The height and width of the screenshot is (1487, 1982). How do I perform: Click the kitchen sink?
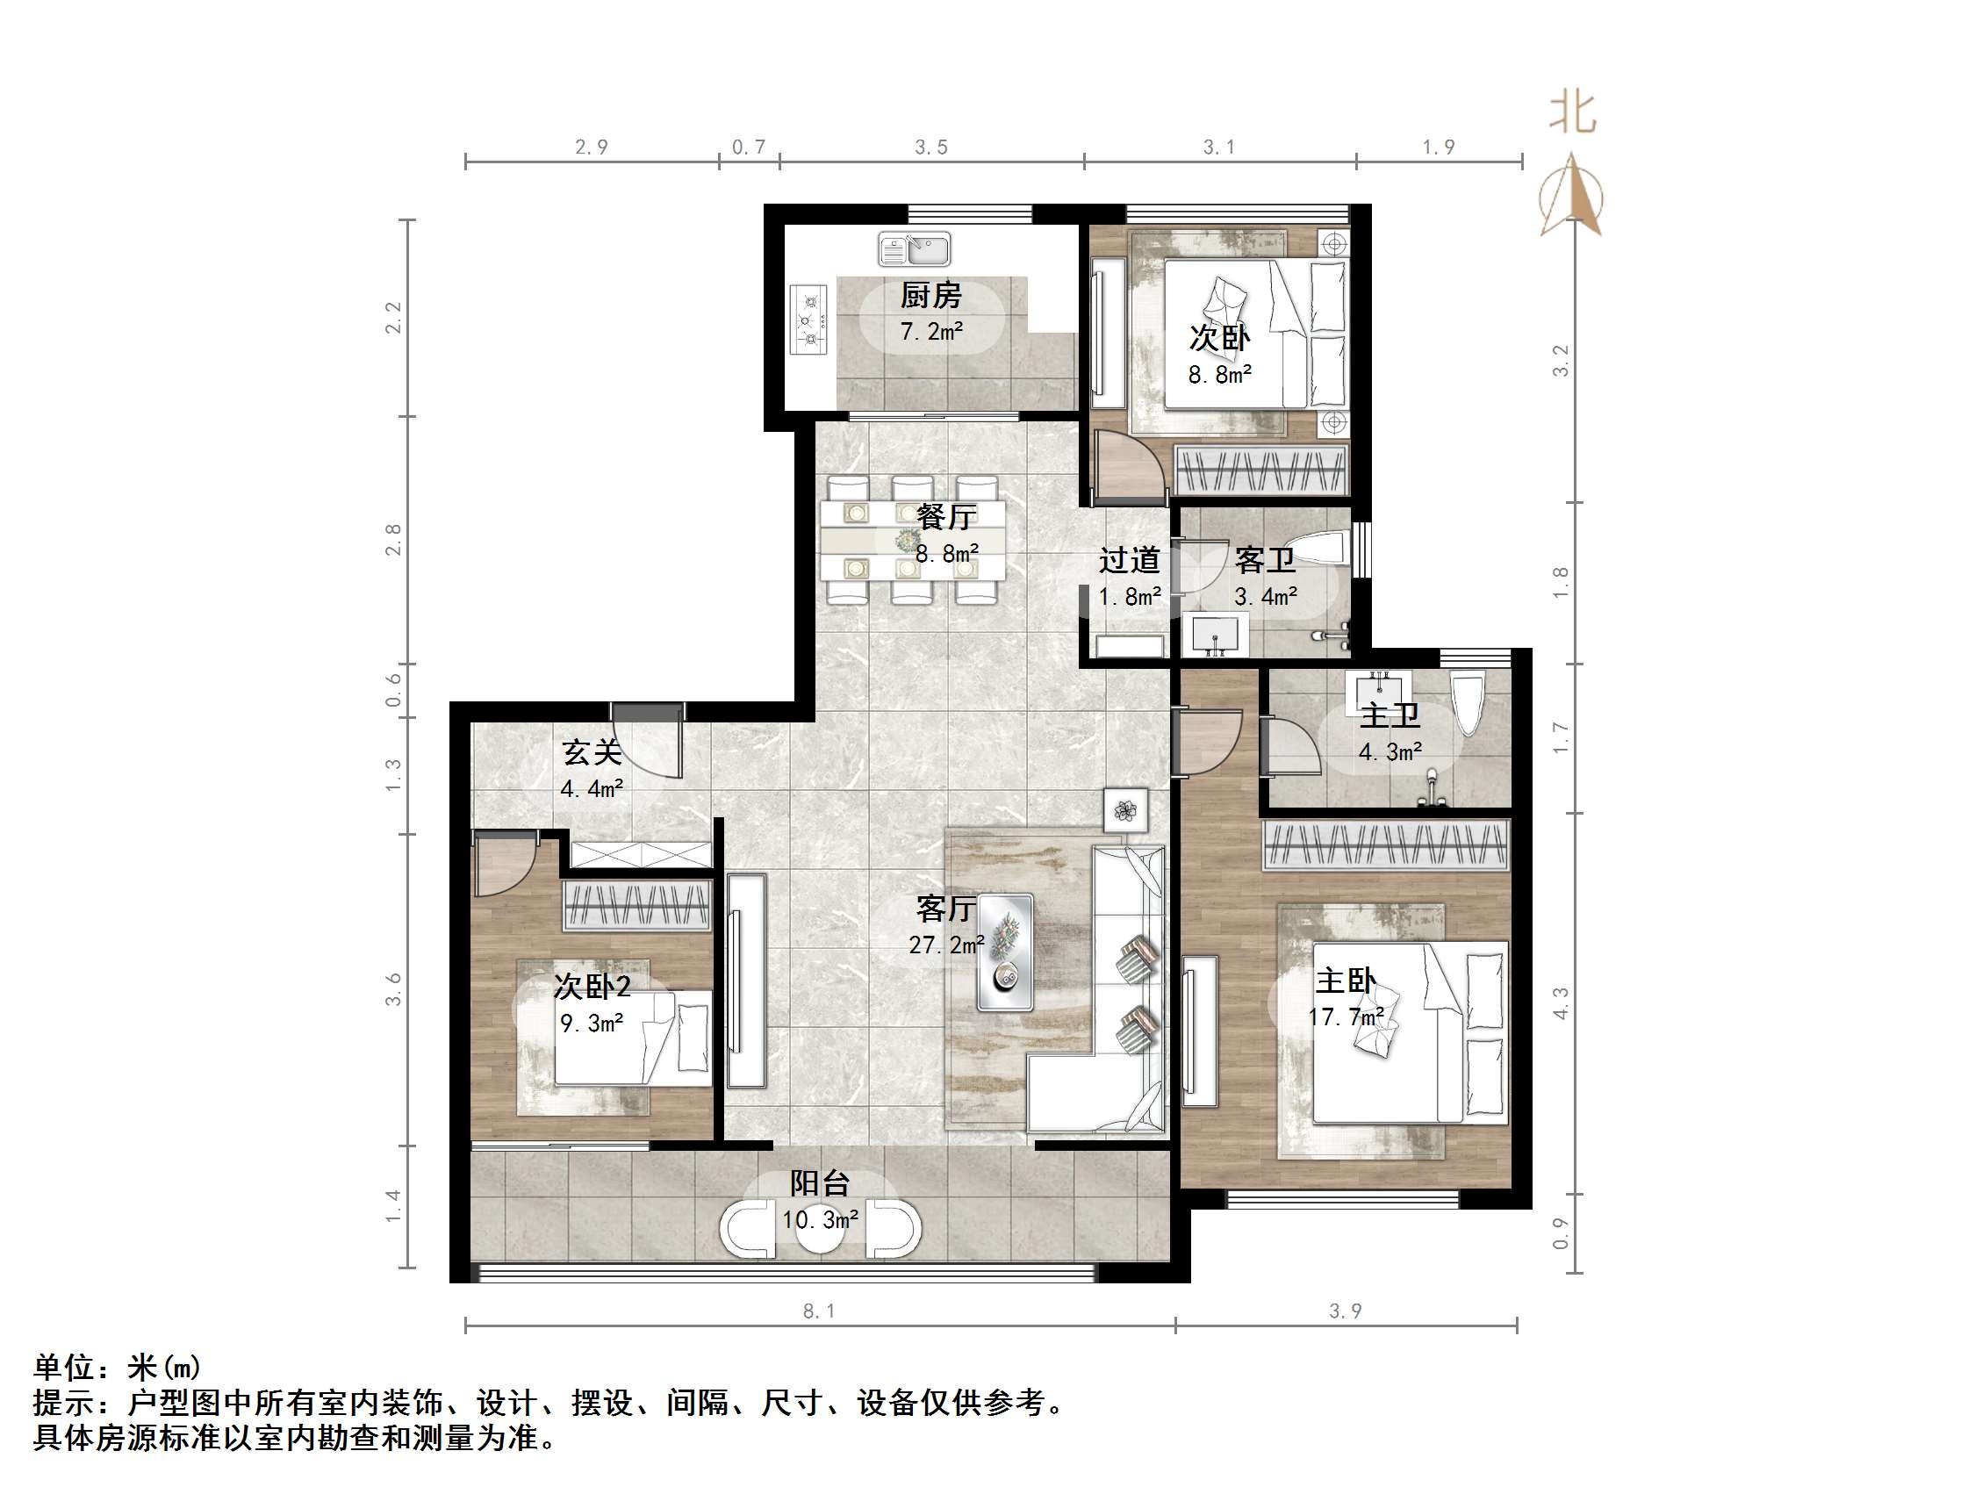click(914, 248)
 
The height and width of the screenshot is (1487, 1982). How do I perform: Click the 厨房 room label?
click(931, 295)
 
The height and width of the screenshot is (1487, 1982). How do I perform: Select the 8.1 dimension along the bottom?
click(818, 1311)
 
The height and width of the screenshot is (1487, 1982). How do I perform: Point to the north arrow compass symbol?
click(1570, 198)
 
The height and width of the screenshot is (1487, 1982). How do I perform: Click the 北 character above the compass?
click(1572, 114)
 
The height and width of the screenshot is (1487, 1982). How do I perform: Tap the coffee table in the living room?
click(1004, 952)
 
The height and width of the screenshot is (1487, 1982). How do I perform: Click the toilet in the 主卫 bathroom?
click(1469, 703)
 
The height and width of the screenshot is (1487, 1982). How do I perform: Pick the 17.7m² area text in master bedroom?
click(1345, 1016)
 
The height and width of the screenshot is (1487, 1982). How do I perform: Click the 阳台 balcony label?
click(819, 1183)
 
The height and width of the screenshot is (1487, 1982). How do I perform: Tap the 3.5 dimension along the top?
click(931, 147)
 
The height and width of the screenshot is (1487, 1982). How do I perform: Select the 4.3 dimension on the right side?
click(1561, 1003)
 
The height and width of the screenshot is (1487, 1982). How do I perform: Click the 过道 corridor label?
click(1129, 560)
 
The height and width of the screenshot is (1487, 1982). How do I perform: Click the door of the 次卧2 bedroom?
click(505, 863)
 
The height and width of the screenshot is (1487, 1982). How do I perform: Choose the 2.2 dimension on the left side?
click(393, 317)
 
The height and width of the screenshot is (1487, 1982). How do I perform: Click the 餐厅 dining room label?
click(946, 516)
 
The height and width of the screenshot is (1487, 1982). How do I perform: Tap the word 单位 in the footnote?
click(63, 1367)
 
